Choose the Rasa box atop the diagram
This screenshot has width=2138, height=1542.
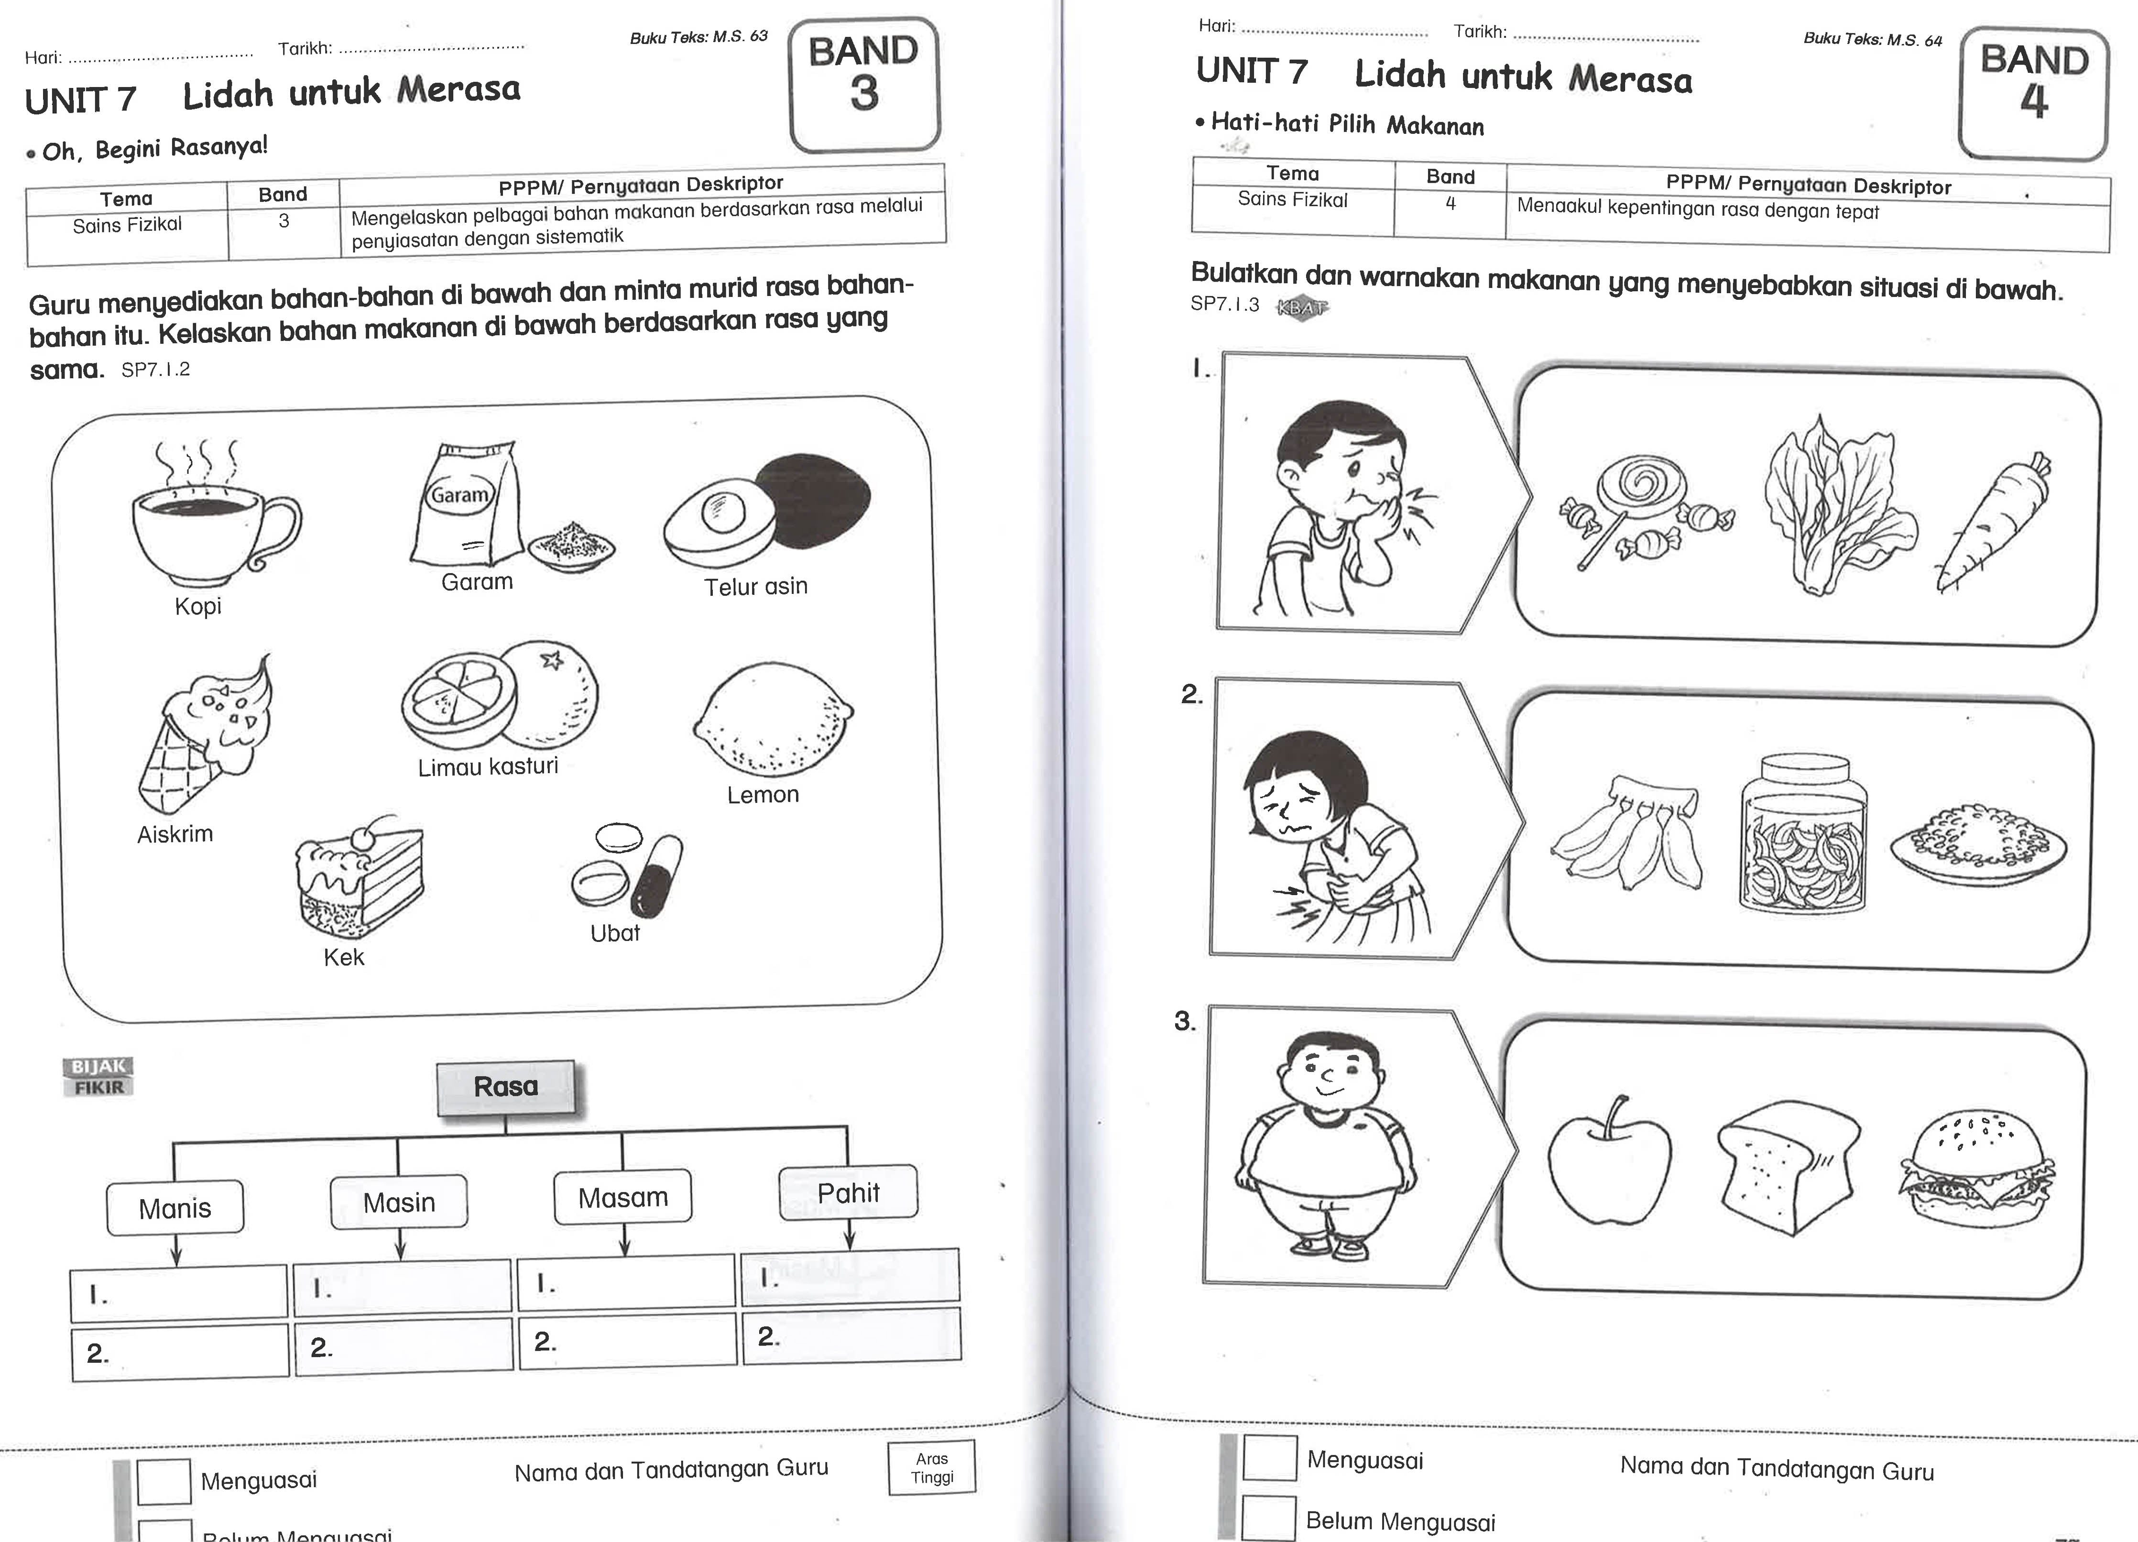tap(506, 1087)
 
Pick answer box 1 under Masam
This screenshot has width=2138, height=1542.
tap(626, 1282)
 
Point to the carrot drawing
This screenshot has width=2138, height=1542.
tap(1994, 523)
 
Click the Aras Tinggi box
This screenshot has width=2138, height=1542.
tap(931, 1467)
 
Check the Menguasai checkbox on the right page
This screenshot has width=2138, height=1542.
tap(1269, 1457)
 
